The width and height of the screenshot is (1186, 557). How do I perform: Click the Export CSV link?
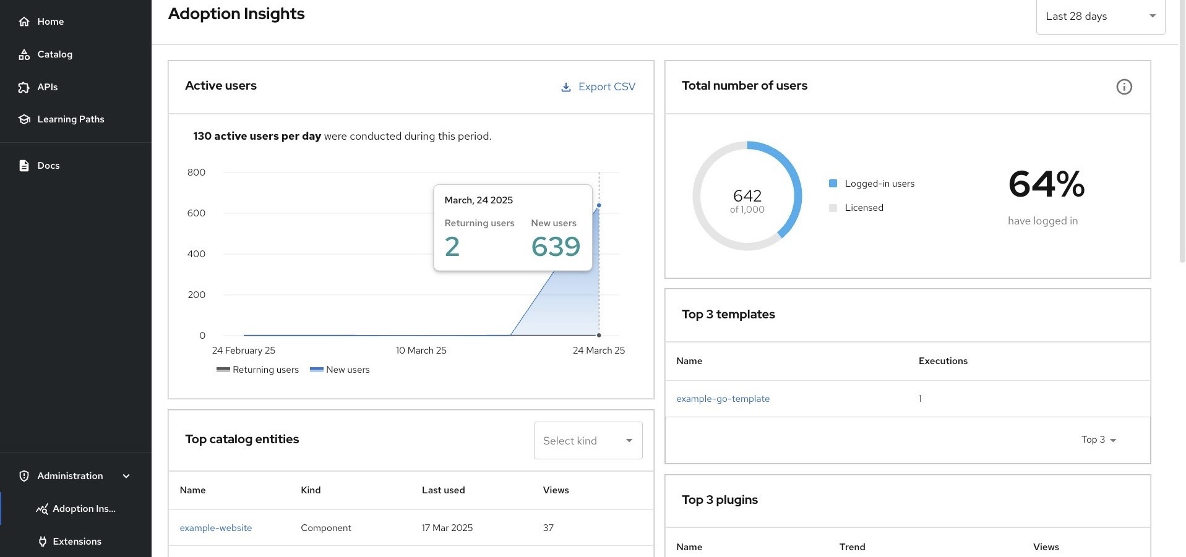(598, 87)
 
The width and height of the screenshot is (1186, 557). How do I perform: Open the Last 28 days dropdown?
(1100, 17)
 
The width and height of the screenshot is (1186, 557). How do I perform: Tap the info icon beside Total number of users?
(1124, 87)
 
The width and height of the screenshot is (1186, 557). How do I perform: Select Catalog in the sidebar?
(54, 54)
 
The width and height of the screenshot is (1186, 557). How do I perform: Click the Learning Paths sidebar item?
(71, 119)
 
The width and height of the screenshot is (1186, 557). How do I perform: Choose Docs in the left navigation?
(48, 166)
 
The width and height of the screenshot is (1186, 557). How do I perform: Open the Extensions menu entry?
(77, 542)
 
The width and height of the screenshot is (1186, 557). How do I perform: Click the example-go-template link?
(723, 399)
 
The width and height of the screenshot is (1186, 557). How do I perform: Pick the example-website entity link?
(215, 528)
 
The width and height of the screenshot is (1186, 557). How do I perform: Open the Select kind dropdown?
(588, 441)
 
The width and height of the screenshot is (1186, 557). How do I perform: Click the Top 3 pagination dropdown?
(1098, 440)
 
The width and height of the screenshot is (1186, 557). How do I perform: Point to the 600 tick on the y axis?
(196, 213)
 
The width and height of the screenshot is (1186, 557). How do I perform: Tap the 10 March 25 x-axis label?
(421, 351)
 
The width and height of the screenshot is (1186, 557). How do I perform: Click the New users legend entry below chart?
(340, 370)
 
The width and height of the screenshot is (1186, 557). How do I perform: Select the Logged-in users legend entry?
(879, 184)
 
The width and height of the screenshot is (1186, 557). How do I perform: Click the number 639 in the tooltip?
(555, 247)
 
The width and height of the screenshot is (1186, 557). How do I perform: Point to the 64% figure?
(1046, 184)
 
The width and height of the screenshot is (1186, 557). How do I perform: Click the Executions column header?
(943, 361)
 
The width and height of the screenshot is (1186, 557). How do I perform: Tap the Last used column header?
(443, 490)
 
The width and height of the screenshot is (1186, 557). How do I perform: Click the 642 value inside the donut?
(747, 196)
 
